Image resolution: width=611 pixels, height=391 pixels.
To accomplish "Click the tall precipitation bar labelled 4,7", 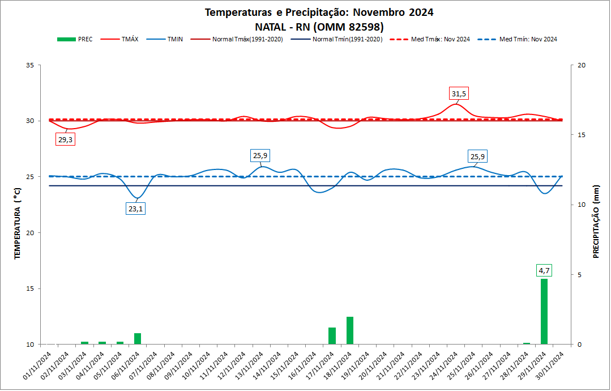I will click(544, 311).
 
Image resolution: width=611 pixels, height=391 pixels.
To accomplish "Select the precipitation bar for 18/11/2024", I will click(350, 330).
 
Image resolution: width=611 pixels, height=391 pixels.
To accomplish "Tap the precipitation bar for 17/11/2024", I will click(332, 335).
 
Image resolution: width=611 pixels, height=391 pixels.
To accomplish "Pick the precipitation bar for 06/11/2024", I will click(138, 338).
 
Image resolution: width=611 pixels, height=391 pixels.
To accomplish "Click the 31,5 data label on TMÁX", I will click(460, 93).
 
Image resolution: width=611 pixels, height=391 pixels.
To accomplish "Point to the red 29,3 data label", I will click(65, 139).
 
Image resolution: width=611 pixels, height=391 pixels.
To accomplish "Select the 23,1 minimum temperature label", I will click(136, 209).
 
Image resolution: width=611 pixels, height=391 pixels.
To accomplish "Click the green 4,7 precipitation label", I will click(544, 271).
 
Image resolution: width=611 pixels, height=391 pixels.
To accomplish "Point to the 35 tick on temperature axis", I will click(29, 65).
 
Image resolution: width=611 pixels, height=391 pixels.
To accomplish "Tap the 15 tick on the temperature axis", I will click(29, 288).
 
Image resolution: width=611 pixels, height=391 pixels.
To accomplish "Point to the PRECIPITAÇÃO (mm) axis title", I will click(596, 222).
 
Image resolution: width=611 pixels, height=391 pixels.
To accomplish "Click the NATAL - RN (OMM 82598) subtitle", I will click(319, 27).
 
